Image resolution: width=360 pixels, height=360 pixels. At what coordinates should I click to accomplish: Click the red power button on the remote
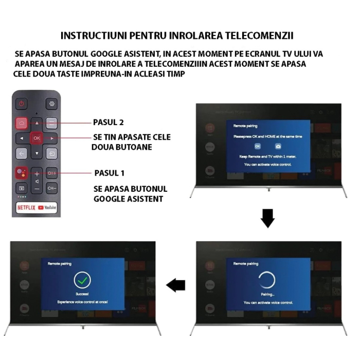(x=22, y=103)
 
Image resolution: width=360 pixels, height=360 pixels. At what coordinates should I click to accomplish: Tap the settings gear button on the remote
(x=51, y=103)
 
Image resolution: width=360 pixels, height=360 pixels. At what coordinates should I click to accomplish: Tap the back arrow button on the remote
(x=22, y=153)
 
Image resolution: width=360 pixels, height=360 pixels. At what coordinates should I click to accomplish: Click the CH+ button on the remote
(x=51, y=173)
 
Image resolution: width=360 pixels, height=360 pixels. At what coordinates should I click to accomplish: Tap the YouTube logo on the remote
(x=47, y=208)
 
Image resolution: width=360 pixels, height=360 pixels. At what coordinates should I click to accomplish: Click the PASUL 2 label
(x=109, y=123)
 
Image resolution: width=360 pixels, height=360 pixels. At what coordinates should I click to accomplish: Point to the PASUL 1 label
(x=109, y=173)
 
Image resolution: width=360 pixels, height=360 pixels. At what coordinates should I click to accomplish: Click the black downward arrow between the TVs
(x=267, y=218)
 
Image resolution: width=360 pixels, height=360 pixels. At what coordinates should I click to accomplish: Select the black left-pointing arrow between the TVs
(x=176, y=285)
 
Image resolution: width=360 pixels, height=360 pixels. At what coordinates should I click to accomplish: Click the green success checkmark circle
(x=82, y=280)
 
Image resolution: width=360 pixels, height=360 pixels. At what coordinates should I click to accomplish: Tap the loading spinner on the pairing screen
(x=267, y=281)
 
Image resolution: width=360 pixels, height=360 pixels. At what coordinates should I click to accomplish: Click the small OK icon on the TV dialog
(x=258, y=147)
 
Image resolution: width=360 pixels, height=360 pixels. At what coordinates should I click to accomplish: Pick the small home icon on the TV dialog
(x=278, y=147)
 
